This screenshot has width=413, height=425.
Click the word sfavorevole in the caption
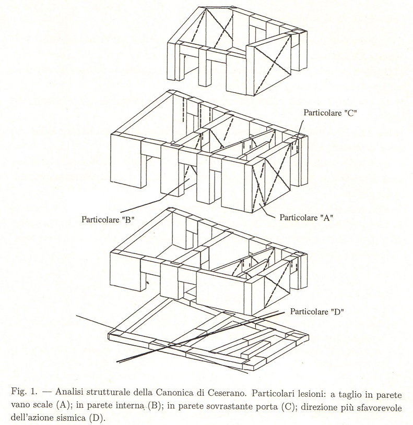tap(376, 405)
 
